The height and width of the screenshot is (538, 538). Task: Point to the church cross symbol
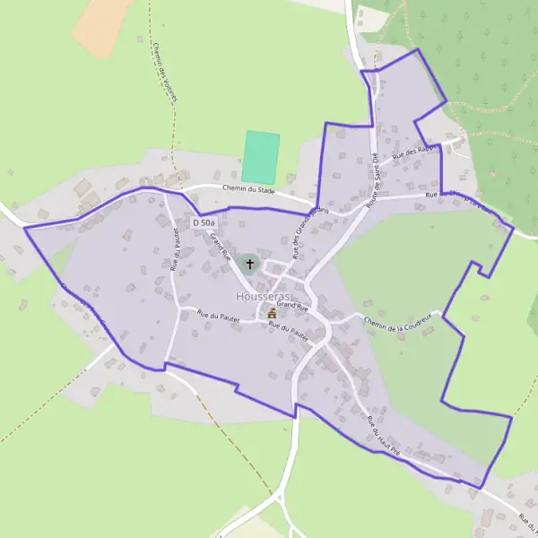(249, 264)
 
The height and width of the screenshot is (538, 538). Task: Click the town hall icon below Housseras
(272, 314)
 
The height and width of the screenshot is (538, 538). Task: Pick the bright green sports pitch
(260, 157)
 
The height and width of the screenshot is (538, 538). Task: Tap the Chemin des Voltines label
(164, 72)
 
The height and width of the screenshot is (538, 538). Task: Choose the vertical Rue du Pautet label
(175, 250)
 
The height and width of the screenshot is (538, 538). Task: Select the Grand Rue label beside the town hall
(291, 306)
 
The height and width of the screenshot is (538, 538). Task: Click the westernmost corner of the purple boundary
(24, 230)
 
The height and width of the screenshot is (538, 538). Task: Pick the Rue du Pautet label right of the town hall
(289, 330)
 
